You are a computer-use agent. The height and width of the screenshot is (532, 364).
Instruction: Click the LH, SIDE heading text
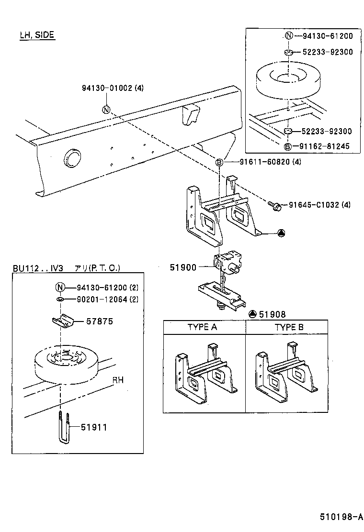[37, 35]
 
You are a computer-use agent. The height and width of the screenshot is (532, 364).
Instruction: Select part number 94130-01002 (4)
[113, 88]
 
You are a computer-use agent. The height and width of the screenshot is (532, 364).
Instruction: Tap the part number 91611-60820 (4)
[264, 162]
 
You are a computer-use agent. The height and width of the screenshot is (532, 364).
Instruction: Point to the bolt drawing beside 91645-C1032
[275, 205]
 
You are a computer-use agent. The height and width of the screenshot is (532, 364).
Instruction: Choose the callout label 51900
[183, 267]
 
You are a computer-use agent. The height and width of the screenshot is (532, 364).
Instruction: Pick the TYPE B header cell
[289, 328]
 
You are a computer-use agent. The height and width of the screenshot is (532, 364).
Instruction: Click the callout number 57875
[99, 321]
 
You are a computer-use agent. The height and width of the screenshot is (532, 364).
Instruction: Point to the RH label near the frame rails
[118, 381]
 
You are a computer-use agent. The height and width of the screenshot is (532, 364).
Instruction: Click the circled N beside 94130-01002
[106, 110]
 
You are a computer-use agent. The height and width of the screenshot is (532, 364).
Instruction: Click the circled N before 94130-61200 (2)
[60, 288]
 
